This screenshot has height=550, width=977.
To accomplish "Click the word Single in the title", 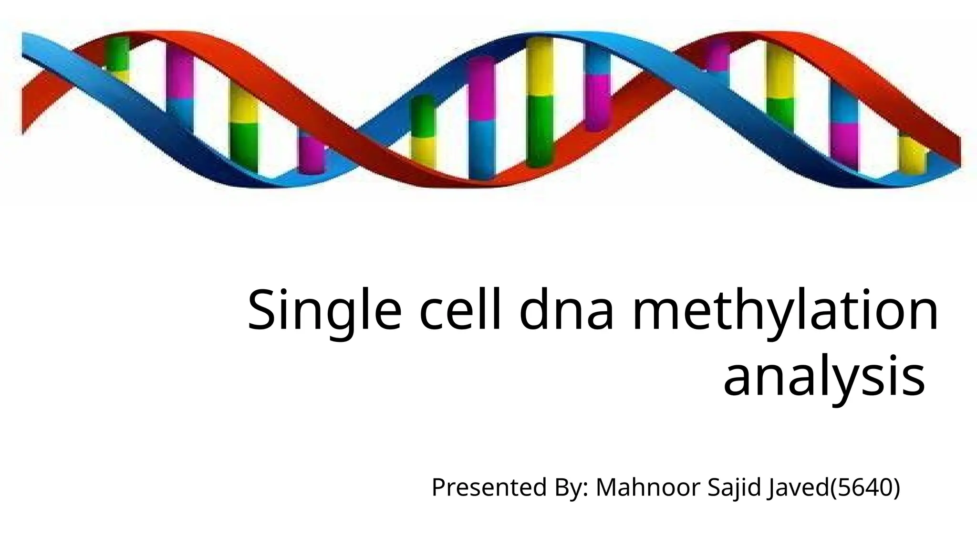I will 324,310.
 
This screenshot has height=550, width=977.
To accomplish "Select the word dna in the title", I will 566,310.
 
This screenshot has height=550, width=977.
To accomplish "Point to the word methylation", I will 785,310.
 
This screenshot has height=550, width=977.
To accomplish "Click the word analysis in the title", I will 824,377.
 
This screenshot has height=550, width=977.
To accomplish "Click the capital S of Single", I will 262,310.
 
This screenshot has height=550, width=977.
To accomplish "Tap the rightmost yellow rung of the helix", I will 912,153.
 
